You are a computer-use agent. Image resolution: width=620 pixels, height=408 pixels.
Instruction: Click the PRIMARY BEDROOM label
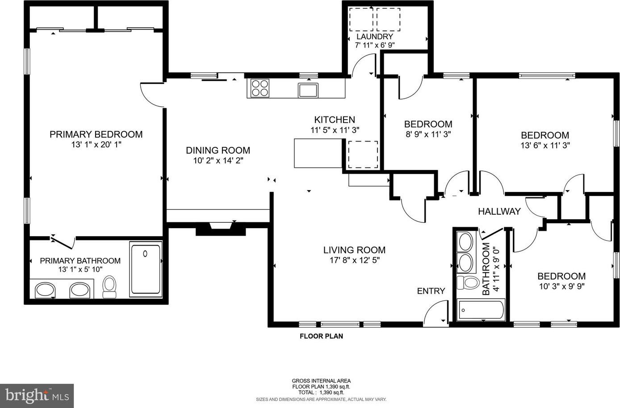click(x=96, y=134)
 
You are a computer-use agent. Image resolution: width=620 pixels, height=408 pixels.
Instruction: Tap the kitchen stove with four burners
click(x=260, y=88)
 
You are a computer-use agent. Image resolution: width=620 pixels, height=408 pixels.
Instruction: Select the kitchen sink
click(x=308, y=90)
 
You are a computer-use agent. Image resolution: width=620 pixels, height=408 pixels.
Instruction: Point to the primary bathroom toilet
click(x=109, y=287)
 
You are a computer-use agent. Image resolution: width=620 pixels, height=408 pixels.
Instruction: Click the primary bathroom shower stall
click(x=146, y=269)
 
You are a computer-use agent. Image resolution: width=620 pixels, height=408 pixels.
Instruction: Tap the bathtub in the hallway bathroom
click(x=481, y=310)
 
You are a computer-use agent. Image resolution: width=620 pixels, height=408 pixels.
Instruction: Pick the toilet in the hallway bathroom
click(x=468, y=283)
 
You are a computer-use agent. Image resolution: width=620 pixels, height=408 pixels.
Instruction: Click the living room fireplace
click(x=221, y=229)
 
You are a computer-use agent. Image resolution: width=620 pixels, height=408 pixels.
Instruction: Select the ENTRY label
click(x=431, y=291)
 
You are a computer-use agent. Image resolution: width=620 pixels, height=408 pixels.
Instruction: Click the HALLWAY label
click(x=499, y=211)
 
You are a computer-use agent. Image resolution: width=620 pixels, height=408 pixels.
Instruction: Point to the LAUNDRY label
click(x=374, y=37)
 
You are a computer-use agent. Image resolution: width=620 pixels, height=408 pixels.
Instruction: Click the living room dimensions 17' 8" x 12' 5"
click(x=354, y=260)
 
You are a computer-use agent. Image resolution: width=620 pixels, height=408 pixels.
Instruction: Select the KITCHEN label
click(x=335, y=120)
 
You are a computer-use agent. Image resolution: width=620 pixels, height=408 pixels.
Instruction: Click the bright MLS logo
click(x=37, y=396)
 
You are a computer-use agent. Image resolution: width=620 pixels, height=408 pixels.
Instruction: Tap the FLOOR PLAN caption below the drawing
click(x=321, y=336)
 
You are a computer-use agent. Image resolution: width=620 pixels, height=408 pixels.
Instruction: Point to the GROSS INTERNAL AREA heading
click(x=321, y=381)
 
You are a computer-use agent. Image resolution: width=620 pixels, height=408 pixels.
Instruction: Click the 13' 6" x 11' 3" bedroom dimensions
click(x=545, y=146)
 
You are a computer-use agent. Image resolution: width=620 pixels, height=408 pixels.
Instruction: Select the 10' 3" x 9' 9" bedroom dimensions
click(x=561, y=286)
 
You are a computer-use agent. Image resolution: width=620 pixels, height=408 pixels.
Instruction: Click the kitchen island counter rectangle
click(x=318, y=153)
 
